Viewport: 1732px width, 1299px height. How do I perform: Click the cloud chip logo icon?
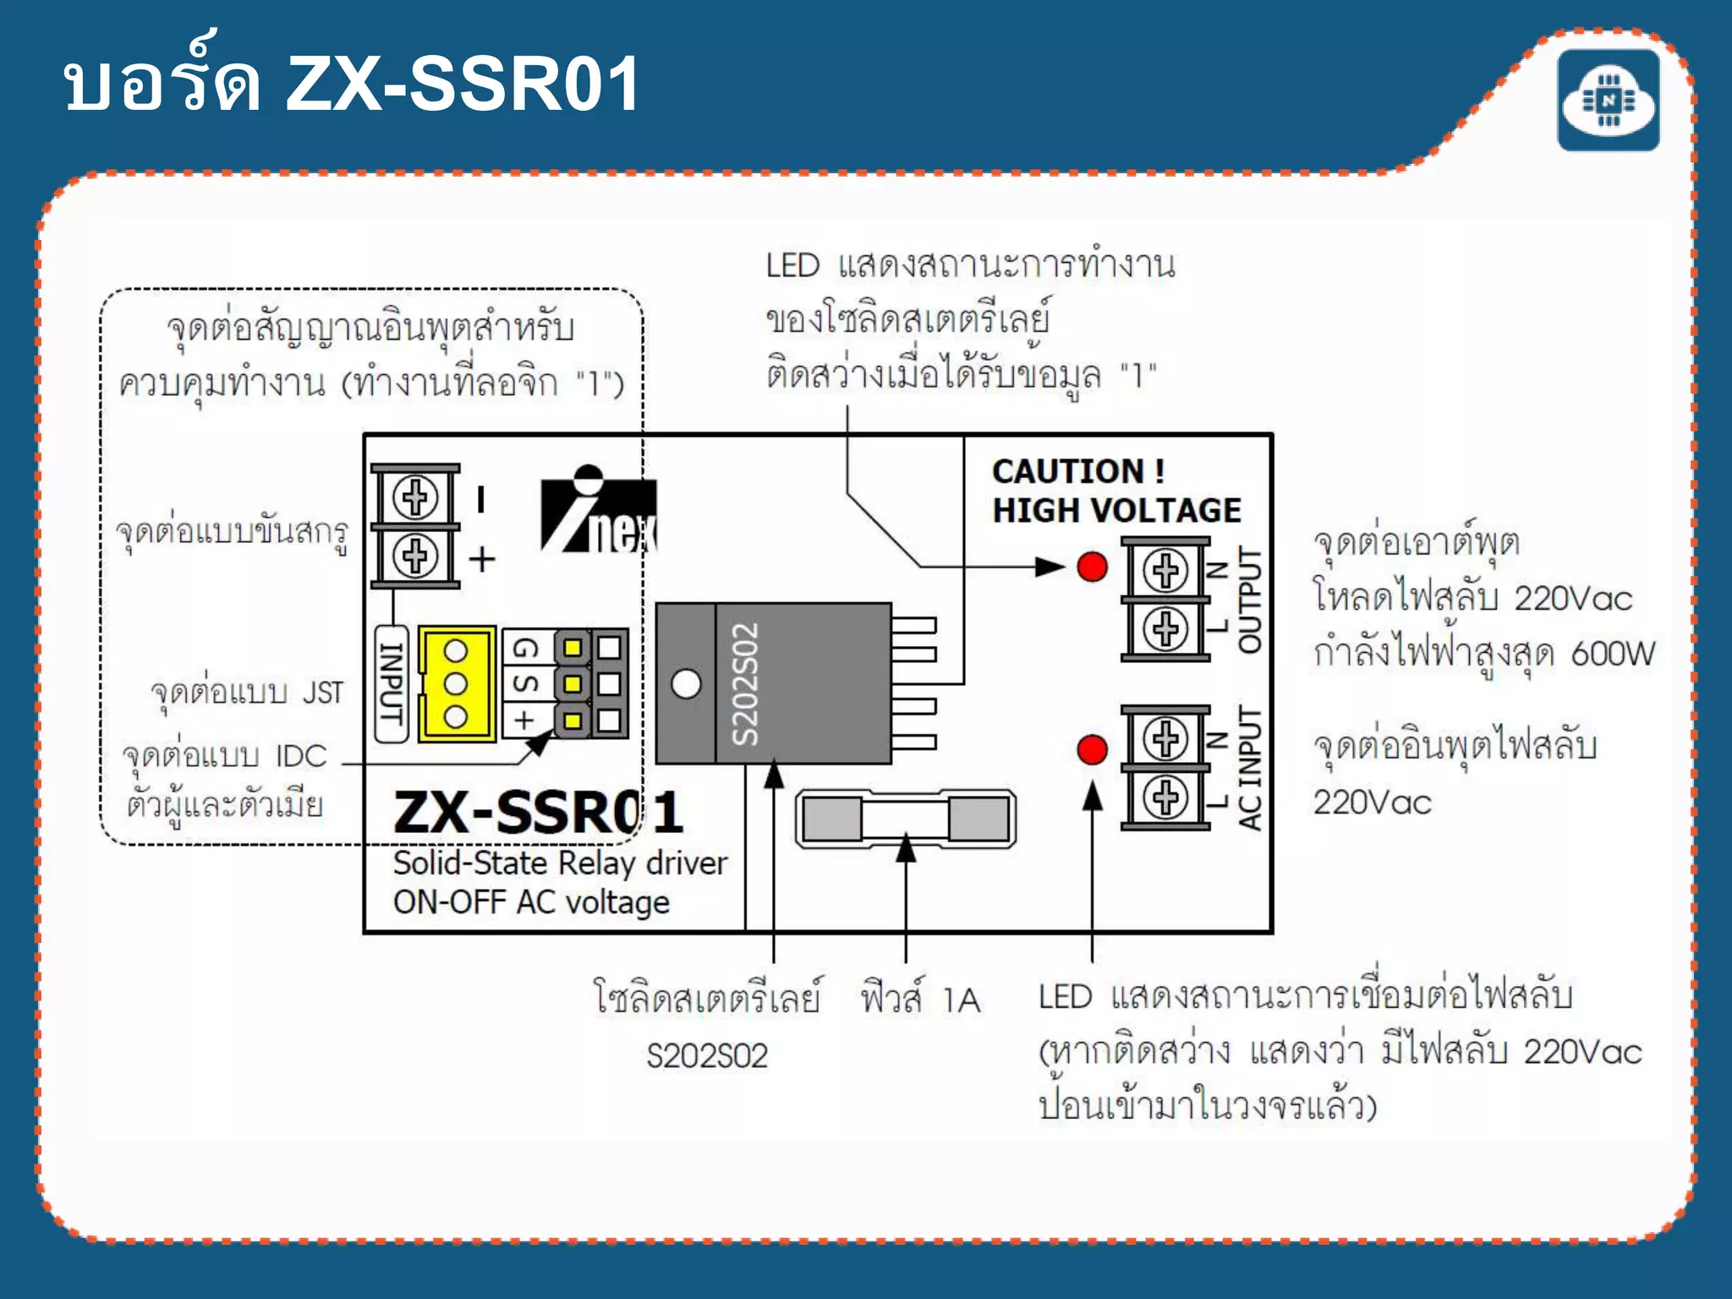1608,101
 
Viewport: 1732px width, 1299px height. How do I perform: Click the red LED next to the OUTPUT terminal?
1092,567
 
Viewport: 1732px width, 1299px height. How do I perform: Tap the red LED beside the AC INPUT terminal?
1092,749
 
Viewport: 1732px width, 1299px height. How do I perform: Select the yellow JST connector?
457,683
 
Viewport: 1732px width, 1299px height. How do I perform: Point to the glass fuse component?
906,819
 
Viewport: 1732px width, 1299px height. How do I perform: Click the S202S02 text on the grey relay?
745,684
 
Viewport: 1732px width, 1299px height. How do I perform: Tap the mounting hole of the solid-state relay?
686,683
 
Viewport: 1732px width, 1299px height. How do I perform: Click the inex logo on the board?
599,511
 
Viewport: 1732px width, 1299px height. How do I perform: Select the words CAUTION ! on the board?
1077,471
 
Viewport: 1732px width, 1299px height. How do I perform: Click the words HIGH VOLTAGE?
1116,511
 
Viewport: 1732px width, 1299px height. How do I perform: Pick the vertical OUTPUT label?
1250,600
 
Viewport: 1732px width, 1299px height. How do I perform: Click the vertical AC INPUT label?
1250,768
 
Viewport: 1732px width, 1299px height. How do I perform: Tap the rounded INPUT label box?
391,683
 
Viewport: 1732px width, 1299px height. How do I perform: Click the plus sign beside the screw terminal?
482,559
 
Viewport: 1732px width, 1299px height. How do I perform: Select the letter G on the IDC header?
525,649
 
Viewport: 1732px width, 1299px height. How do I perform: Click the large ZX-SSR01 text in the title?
463,84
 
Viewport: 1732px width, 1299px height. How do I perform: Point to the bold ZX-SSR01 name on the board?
538,813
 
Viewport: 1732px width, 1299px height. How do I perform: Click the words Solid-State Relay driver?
560,863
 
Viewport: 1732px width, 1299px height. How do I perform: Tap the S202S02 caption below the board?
707,1056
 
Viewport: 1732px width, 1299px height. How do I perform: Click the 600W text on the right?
1612,654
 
